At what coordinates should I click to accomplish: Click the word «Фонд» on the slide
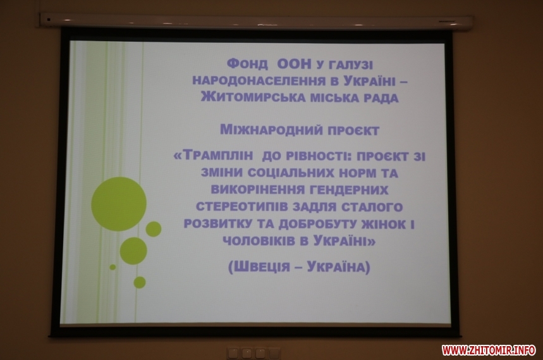247,64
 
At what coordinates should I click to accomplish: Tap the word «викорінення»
255,190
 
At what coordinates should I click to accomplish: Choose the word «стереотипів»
241,207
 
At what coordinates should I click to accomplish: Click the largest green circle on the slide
119,204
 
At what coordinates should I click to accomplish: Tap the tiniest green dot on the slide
113,267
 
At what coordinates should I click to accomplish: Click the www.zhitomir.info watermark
488,350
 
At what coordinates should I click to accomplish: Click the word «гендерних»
347,190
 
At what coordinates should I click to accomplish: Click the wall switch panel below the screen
253,353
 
